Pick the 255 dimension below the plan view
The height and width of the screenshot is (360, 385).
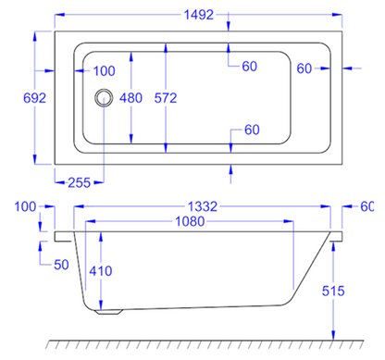point(79,182)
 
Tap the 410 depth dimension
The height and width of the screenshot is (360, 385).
point(103,271)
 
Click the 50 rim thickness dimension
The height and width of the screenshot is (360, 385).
point(60,266)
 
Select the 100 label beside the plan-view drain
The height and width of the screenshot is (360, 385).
point(105,70)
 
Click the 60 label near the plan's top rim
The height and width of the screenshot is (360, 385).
point(250,66)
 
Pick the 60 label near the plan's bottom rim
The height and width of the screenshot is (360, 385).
point(250,130)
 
